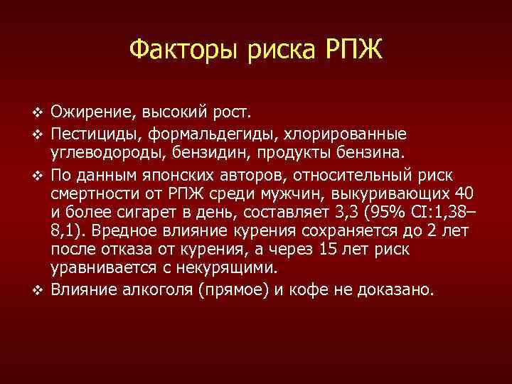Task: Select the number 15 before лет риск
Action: [329, 250]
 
